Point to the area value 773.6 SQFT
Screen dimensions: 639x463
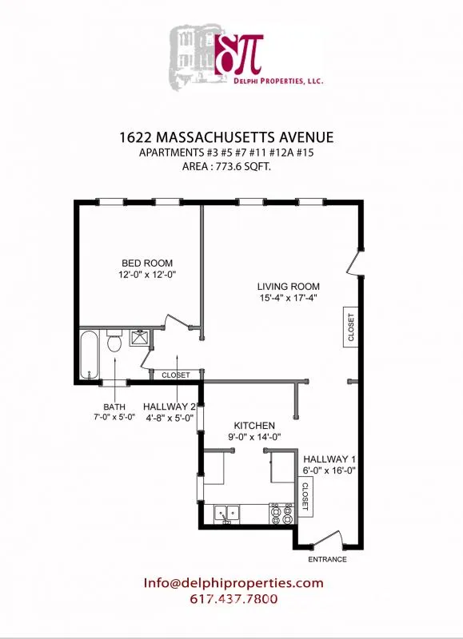257,167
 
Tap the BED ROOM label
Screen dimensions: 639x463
146,264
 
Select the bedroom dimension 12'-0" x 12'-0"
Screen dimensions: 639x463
146,275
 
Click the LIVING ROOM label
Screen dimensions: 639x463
288,287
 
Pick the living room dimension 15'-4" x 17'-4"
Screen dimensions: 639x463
288,299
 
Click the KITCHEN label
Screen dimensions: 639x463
254,426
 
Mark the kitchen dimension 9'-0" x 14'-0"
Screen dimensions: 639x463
254,437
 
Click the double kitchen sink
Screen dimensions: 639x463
227,514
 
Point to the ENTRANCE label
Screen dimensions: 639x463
328,559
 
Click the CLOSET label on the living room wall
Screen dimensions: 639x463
351,326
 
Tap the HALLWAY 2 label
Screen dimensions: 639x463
170,407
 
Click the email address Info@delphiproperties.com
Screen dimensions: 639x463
233,583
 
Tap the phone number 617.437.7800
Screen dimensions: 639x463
233,599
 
